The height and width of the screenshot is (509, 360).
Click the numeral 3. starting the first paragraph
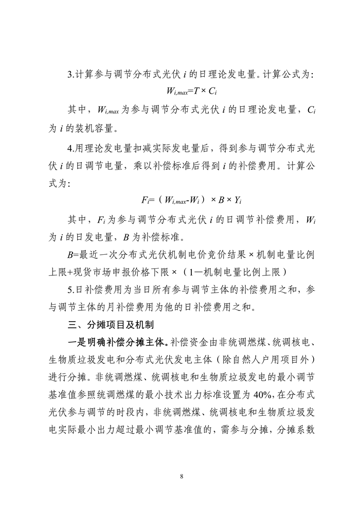click(x=71, y=75)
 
